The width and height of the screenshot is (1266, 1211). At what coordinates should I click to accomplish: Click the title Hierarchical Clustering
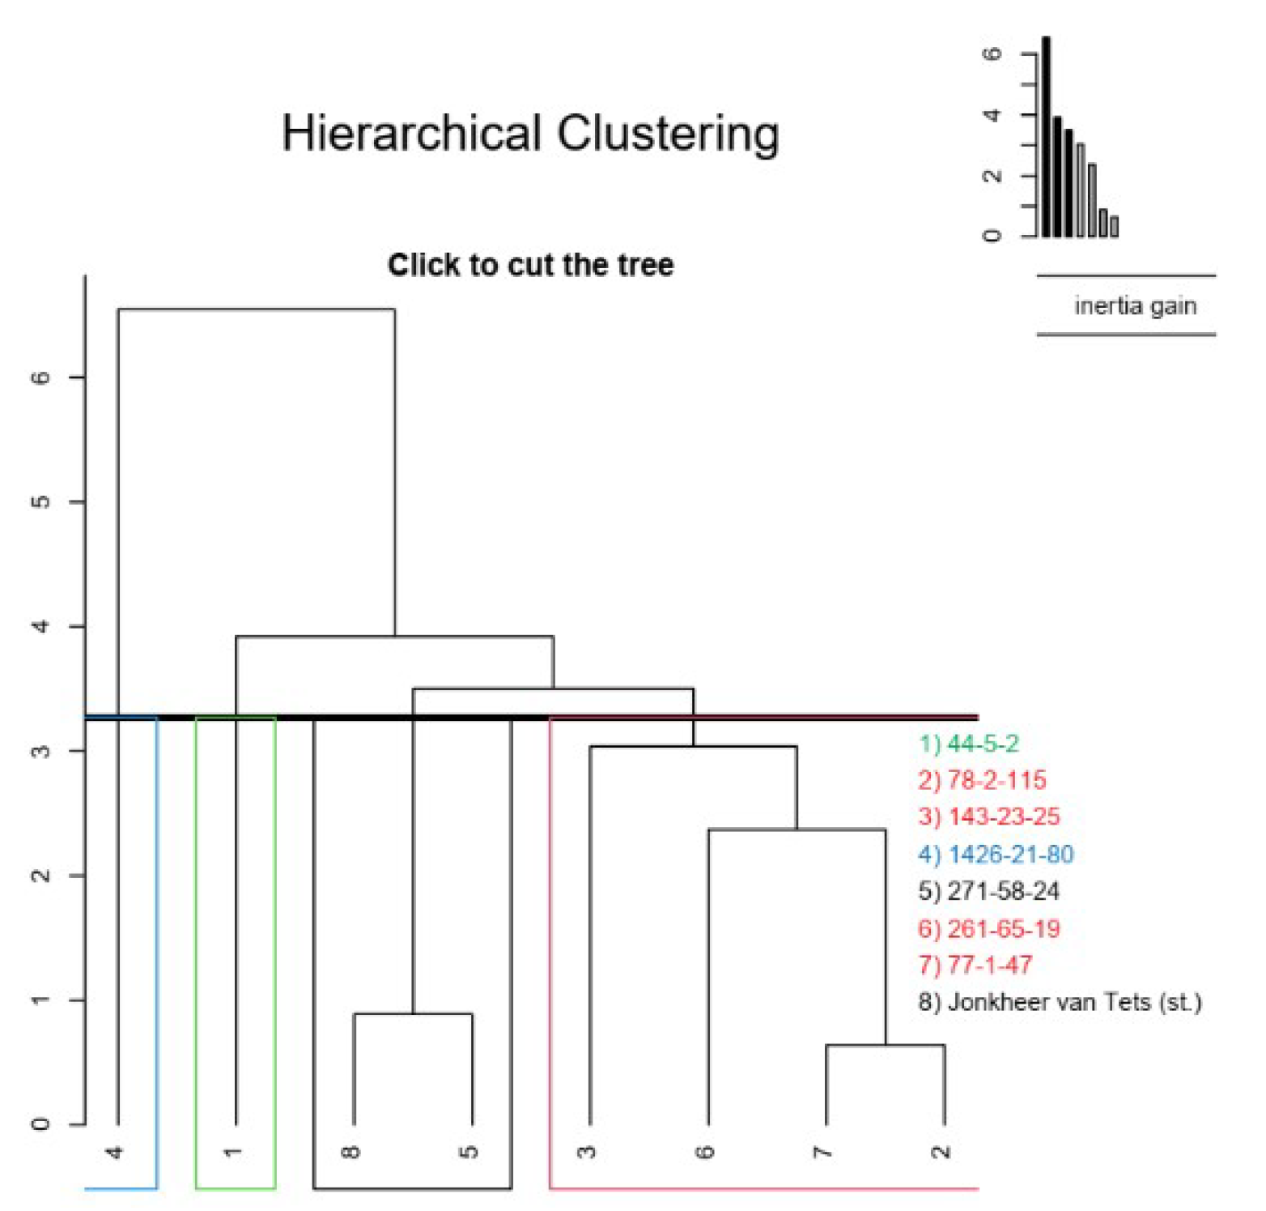tap(530, 134)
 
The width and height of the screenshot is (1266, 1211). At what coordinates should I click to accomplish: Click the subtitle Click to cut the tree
tap(530, 265)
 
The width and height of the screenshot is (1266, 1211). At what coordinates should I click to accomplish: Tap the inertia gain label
tap(1135, 306)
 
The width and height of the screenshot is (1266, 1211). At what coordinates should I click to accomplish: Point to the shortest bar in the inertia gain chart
tap(1115, 226)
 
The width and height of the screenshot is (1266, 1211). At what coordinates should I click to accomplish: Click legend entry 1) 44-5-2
tap(968, 744)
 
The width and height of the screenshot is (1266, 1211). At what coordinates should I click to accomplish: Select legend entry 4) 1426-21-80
tap(996, 854)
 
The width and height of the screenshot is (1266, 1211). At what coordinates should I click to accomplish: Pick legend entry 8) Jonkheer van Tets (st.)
tap(1059, 1002)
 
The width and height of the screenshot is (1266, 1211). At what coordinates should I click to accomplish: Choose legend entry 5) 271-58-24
tap(988, 891)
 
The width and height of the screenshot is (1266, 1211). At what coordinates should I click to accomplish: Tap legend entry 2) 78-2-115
tap(982, 780)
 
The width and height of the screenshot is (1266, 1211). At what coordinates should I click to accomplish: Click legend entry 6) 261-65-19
tap(988, 928)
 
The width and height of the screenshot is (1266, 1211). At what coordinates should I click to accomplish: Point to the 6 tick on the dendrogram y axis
tap(40, 377)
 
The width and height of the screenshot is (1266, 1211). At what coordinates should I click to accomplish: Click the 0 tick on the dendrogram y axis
tap(40, 1124)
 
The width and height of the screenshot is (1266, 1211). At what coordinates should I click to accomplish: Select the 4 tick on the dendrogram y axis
tap(40, 626)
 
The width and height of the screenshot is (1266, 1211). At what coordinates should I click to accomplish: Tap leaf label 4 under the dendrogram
tap(116, 1152)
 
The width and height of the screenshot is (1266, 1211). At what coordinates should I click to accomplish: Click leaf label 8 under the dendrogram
tap(351, 1152)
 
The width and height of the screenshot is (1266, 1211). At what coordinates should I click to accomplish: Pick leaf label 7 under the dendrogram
tap(823, 1152)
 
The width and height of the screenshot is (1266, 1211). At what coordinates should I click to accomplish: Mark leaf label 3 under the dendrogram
tap(588, 1152)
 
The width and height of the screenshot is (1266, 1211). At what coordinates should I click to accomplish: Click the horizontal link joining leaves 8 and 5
tap(413, 1013)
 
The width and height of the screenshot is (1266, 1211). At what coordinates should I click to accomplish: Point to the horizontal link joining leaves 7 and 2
tap(886, 1045)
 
